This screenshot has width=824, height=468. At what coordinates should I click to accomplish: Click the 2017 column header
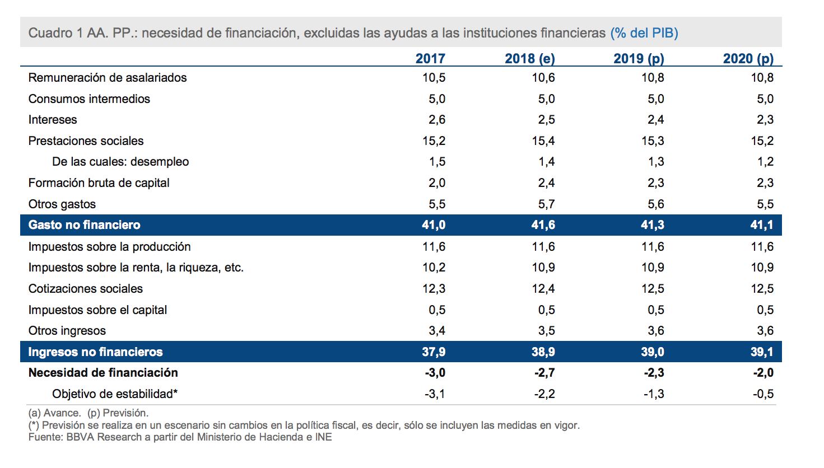pyautogui.click(x=430, y=59)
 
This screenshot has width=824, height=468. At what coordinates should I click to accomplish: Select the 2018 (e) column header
pyautogui.click(x=529, y=59)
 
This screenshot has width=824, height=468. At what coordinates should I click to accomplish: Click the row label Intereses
pyautogui.click(x=53, y=120)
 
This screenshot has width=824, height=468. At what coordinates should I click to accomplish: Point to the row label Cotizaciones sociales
pyautogui.click(x=86, y=289)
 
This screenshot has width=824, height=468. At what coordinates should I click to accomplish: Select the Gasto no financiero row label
pyautogui.click(x=85, y=225)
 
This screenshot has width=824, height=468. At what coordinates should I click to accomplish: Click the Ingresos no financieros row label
pyautogui.click(x=95, y=352)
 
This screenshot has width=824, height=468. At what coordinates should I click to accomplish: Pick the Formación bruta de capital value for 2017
pyautogui.click(x=436, y=183)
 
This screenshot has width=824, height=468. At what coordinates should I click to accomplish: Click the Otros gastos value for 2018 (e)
pyautogui.click(x=546, y=204)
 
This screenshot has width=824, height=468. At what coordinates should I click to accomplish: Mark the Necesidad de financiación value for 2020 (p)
pyautogui.click(x=763, y=373)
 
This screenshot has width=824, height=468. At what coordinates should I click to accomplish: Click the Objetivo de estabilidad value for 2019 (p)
pyautogui.click(x=653, y=394)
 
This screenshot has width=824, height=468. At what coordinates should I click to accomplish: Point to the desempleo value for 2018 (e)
pyautogui.click(x=546, y=162)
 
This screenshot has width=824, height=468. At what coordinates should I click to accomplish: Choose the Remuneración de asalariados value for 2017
pyautogui.click(x=434, y=78)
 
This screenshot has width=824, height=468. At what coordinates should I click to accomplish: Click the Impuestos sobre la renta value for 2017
pyautogui.click(x=434, y=268)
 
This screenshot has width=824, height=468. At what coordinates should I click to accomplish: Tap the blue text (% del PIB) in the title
pyautogui.click(x=644, y=33)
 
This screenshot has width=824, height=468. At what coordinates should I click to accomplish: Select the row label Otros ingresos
pyautogui.click(x=67, y=331)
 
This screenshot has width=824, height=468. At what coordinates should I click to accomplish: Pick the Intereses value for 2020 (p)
pyautogui.click(x=765, y=120)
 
